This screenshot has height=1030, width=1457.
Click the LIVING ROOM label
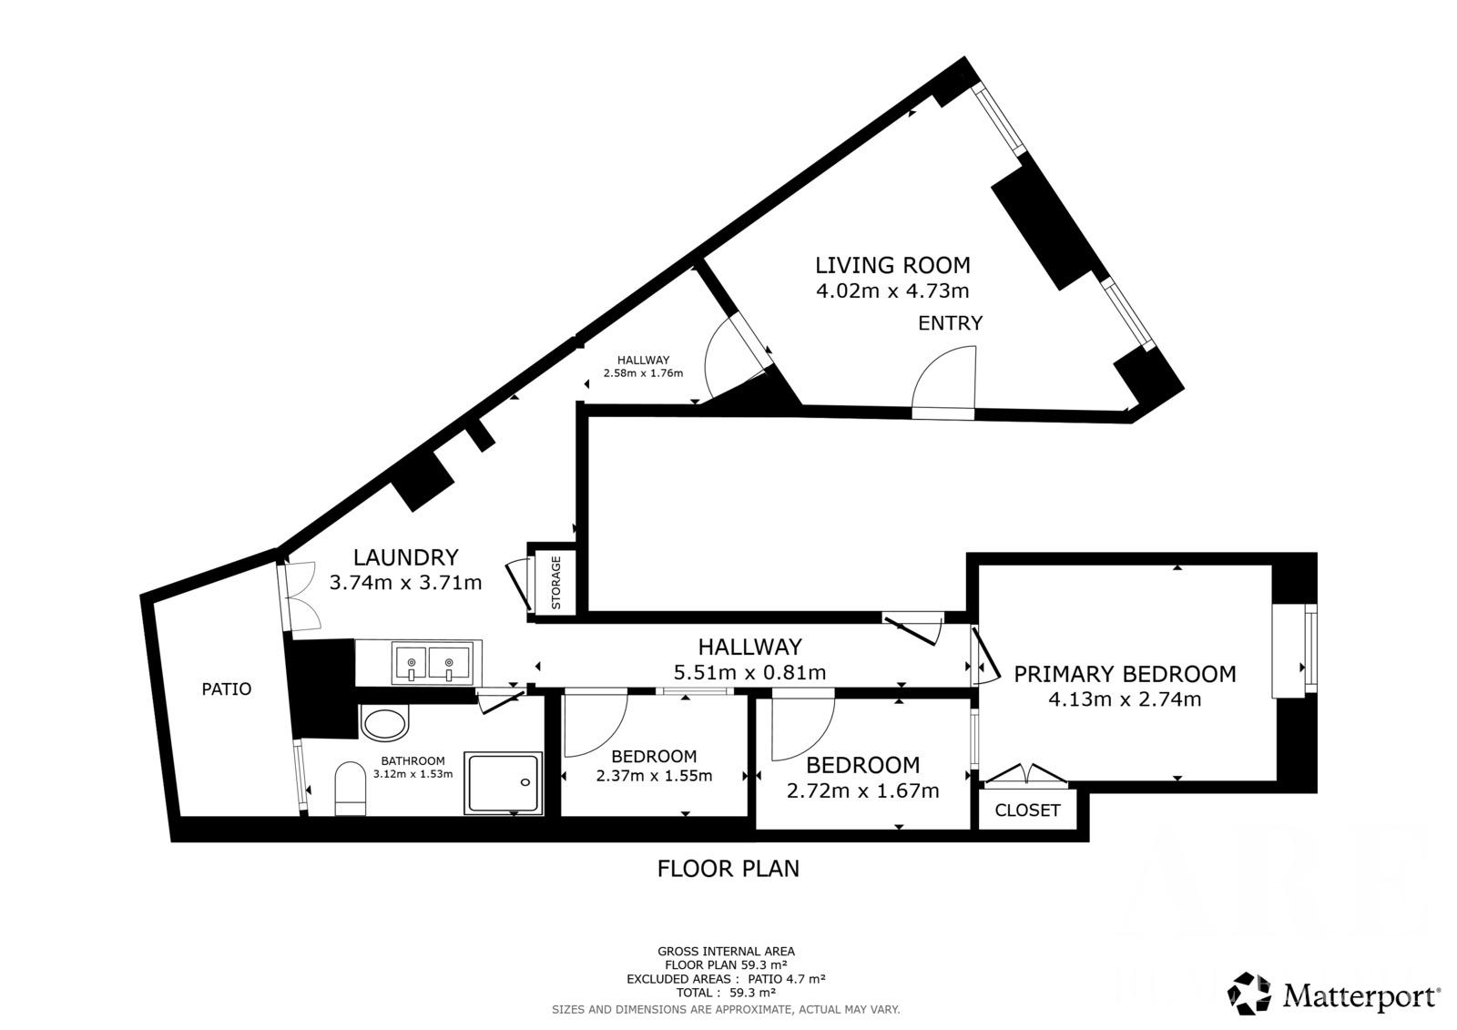892,266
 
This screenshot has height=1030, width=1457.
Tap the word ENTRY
950,322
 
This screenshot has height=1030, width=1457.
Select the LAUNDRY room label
406,557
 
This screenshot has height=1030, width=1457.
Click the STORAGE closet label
556,582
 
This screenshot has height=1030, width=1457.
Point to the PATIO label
227,689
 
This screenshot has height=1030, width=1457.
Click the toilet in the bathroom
350,788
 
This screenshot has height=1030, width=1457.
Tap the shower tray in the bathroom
503,783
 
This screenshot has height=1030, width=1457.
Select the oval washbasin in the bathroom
384,723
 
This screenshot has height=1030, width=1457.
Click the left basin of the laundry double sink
410,663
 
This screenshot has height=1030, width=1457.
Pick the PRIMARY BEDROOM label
1125,674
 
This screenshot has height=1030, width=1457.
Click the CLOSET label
1028,811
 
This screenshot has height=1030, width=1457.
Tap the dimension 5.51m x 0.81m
750,672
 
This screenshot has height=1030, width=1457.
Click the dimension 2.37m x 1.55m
654,776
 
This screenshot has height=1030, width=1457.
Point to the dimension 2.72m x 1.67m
862,791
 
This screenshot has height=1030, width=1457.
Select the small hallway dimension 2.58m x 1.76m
643,373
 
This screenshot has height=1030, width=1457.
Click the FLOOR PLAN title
728,869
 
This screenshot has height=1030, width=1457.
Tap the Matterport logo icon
1248,994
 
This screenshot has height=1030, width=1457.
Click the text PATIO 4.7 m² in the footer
787,979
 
